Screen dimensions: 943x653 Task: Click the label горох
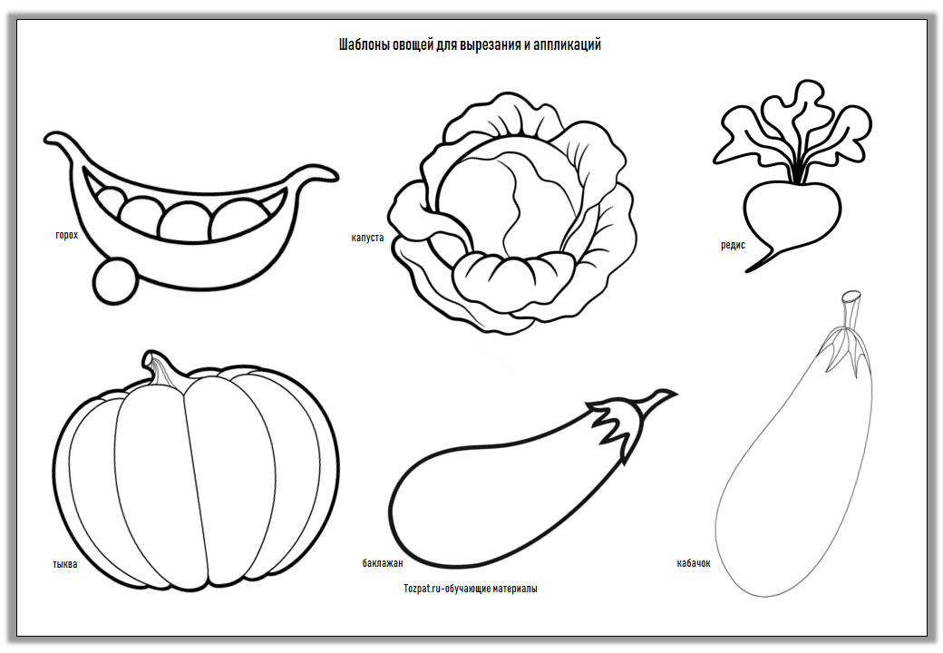(x=67, y=235)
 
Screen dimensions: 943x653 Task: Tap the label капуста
(x=367, y=238)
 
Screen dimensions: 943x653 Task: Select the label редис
(x=734, y=245)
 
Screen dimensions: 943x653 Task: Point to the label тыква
(x=65, y=564)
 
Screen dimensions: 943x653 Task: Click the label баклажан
(x=383, y=563)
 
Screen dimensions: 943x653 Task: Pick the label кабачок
(x=694, y=563)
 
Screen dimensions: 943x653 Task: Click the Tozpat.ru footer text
(x=471, y=589)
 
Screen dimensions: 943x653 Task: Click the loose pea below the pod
(x=116, y=280)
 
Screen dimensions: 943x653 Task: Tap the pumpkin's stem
(x=160, y=366)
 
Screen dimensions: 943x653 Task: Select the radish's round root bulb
(x=792, y=213)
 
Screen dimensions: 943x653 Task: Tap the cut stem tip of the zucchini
(x=851, y=296)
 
